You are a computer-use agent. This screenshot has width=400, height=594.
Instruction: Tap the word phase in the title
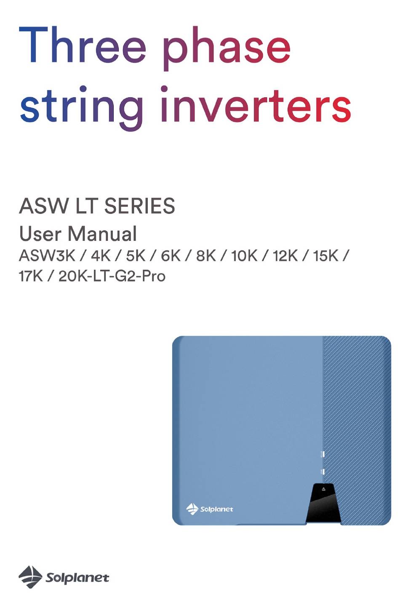pyautogui.click(x=227, y=48)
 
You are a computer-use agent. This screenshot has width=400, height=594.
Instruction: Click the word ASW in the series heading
pyautogui.click(x=44, y=206)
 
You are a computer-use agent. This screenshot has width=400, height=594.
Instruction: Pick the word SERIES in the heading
pyautogui.click(x=140, y=206)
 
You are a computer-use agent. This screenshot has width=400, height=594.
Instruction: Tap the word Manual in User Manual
pyautogui.click(x=102, y=234)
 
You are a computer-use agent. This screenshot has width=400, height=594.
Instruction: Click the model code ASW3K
pyautogui.click(x=47, y=256)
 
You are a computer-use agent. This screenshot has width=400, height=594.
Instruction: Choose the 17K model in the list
pyautogui.click(x=31, y=276)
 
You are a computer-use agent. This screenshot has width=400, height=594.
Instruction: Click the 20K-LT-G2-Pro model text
pyautogui.click(x=112, y=276)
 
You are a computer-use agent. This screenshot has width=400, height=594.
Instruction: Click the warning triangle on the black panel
pyautogui.click(x=324, y=489)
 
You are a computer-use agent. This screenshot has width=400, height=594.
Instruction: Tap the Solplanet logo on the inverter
pyautogui.click(x=210, y=509)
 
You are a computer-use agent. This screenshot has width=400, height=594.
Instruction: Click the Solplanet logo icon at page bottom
pyautogui.click(x=30, y=576)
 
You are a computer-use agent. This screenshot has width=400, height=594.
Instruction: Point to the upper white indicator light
pyautogui.click(x=323, y=454)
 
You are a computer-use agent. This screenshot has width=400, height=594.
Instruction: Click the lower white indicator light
pyautogui.click(x=323, y=471)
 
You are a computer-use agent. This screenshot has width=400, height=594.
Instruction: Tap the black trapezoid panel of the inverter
pyautogui.click(x=323, y=503)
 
